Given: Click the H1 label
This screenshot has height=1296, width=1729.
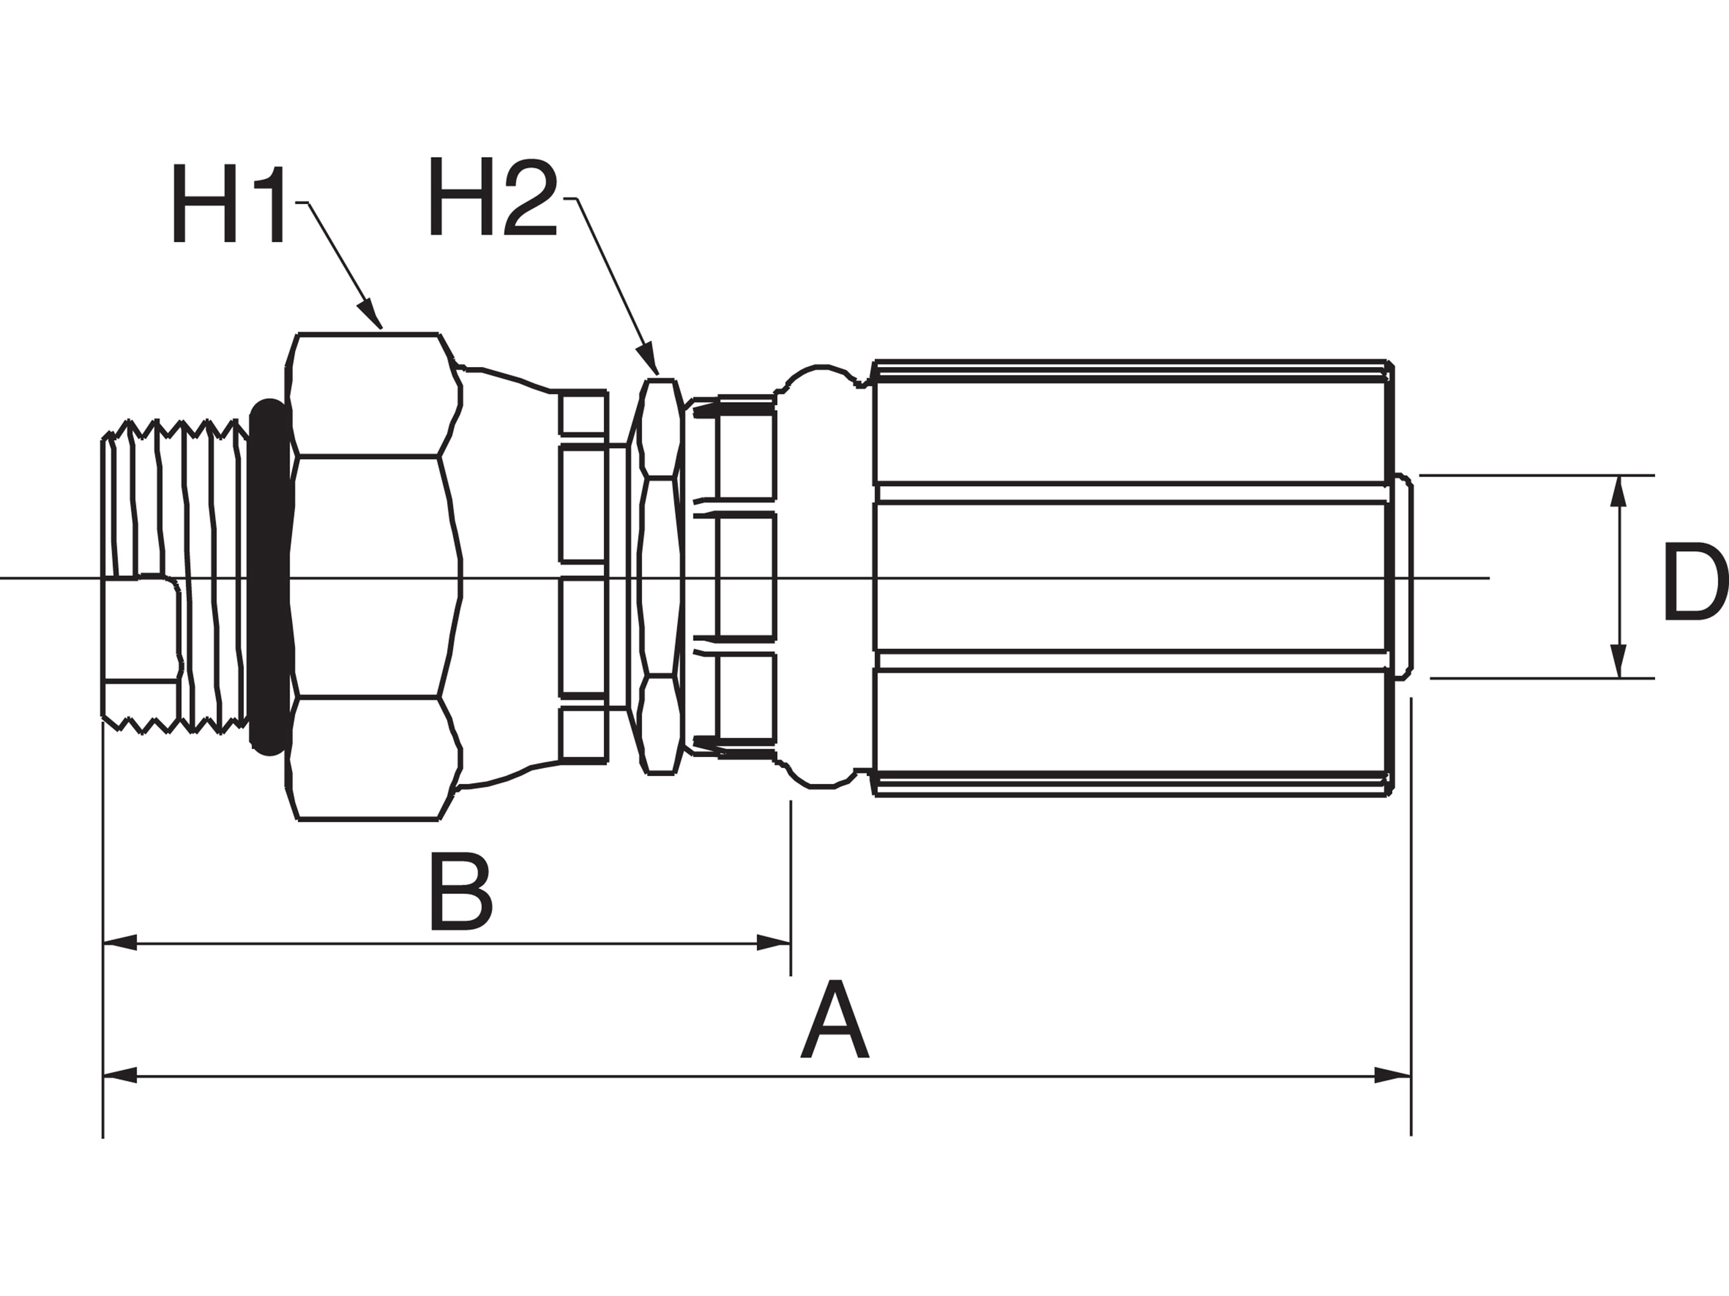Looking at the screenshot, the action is (x=227, y=203).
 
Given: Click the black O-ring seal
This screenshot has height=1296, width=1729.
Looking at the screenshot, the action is (x=268, y=577).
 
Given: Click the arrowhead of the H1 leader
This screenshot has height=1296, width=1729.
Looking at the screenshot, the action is (x=371, y=313).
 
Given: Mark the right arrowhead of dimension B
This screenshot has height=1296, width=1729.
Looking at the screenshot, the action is (x=774, y=943).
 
